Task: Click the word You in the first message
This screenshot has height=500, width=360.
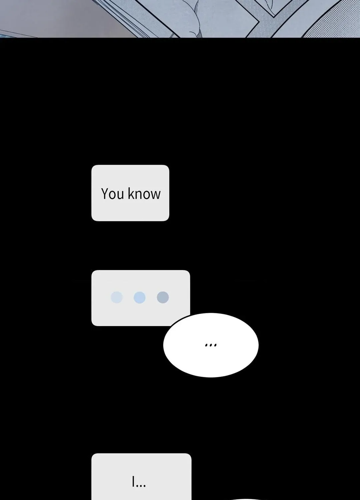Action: pyautogui.click(x=112, y=194)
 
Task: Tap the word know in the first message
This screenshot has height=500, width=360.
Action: pyautogui.click(x=144, y=193)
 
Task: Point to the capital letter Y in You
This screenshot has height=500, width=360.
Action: pyautogui.click(x=105, y=194)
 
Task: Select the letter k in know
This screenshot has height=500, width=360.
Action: pyautogui.click(x=131, y=193)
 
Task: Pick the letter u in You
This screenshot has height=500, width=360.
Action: pyautogui.click(x=121, y=195)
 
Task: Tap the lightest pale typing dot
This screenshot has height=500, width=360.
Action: pyautogui.click(x=117, y=297)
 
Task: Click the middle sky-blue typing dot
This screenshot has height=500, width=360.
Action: pyautogui.click(x=139, y=297)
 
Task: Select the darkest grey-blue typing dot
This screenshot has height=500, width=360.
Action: pyautogui.click(x=163, y=297)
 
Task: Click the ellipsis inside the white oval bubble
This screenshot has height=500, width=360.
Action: pyautogui.click(x=211, y=345)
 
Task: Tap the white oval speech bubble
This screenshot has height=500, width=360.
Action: pyautogui.click(x=211, y=345)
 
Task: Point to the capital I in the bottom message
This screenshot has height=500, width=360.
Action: pyautogui.click(x=133, y=481)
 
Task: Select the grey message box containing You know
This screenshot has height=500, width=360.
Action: pyautogui.click(x=130, y=193)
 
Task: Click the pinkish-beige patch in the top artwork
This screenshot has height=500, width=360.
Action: pyautogui.click(x=67, y=18)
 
